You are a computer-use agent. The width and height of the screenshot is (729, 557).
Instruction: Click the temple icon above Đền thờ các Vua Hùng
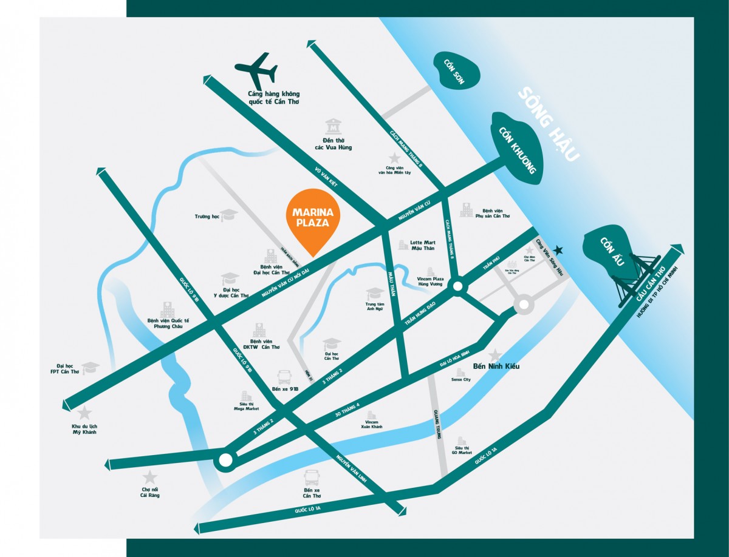[334, 127]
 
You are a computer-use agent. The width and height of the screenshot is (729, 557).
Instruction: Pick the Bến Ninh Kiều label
[496, 366]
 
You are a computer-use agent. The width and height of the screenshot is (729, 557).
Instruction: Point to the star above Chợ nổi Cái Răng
[149, 478]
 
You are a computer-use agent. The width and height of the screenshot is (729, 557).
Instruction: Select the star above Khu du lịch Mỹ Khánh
[84, 414]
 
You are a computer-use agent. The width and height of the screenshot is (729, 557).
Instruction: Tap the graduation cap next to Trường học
[228, 215]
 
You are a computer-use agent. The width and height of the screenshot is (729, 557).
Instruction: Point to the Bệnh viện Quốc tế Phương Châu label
[168, 323]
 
